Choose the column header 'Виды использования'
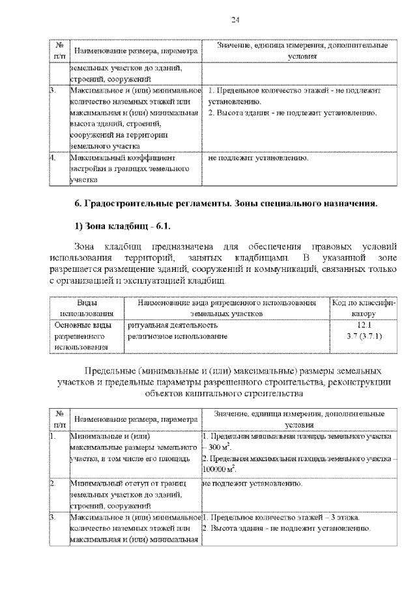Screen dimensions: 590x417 coord(87,308)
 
